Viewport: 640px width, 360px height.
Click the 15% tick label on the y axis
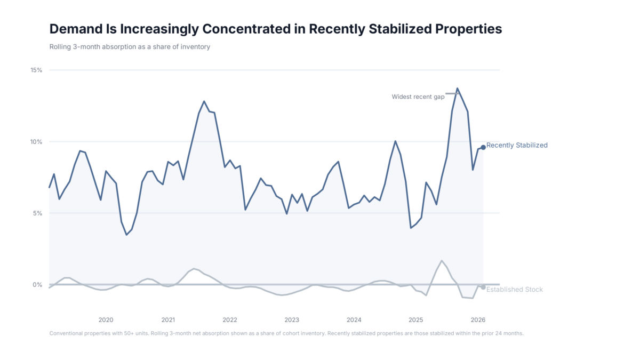point(37,70)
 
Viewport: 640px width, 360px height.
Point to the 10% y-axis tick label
point(37,142)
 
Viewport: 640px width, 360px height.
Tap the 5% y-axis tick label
point(38,213)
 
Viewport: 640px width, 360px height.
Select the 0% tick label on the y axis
point(38,285)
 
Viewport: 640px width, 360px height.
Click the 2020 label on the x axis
point(106,320)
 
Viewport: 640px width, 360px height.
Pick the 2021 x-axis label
point(168,320)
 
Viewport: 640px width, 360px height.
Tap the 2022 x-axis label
point(230,320)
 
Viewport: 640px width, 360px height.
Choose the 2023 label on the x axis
point(292,320)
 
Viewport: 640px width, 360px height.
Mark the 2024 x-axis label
point(354,320)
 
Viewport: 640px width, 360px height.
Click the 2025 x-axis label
point(416,320)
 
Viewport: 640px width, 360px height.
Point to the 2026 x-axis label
point(478,320)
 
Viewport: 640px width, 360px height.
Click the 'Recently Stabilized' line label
point(517,146)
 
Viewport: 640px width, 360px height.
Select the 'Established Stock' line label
point(515,290)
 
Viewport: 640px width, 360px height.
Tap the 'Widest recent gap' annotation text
point(418,97)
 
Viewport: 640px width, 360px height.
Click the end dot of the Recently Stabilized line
point(483,147)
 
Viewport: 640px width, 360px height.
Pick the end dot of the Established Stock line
point(483,287)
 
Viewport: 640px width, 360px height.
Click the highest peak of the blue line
point(457,89)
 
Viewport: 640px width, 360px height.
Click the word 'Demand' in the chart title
point(75,29)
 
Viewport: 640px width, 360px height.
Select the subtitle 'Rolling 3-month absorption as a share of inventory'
point(130,47)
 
